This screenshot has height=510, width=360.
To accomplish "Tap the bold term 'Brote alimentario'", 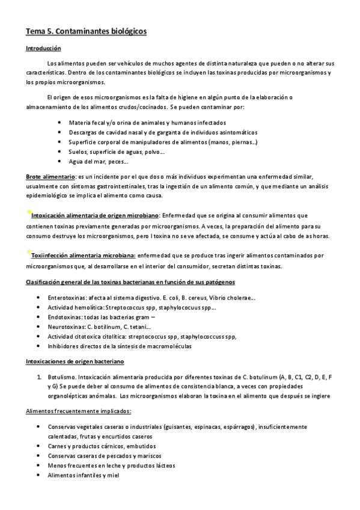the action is (50, 177).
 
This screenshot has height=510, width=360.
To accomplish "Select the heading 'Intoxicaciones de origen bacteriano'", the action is (75, 362).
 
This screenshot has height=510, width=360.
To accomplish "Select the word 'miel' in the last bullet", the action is (113, 475).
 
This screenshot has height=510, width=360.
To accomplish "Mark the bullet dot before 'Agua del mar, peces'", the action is (59, 162).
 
